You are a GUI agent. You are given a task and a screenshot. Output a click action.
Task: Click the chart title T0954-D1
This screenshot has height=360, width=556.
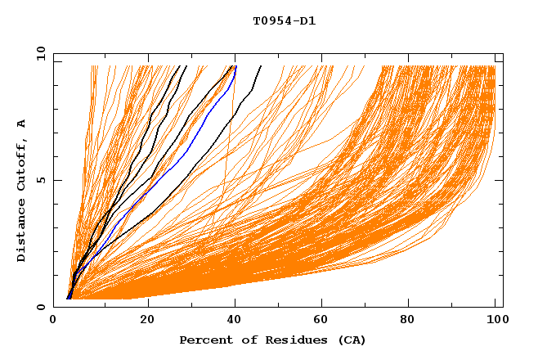[x=284, y=21]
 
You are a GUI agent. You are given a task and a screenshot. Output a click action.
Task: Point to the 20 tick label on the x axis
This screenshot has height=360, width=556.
[x=147, y=321]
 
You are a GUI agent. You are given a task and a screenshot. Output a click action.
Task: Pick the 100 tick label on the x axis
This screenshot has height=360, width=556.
[x=496, y=321]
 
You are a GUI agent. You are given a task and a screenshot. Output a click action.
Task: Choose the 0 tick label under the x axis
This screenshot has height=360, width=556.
[x=53, y=321]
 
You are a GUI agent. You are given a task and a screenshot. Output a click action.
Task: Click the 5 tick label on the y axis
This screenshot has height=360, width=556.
[x=39, y=180]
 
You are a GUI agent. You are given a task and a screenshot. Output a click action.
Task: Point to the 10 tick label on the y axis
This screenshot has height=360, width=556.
[x=39, y=53]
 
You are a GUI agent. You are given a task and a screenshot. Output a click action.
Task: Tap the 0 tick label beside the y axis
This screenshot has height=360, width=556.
[x=39, y=307]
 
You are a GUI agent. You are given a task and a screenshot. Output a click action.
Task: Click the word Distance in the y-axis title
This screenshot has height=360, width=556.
[x=21, y=232]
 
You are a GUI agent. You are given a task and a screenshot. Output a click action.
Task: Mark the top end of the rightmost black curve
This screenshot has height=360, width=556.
[x=261, y=66]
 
